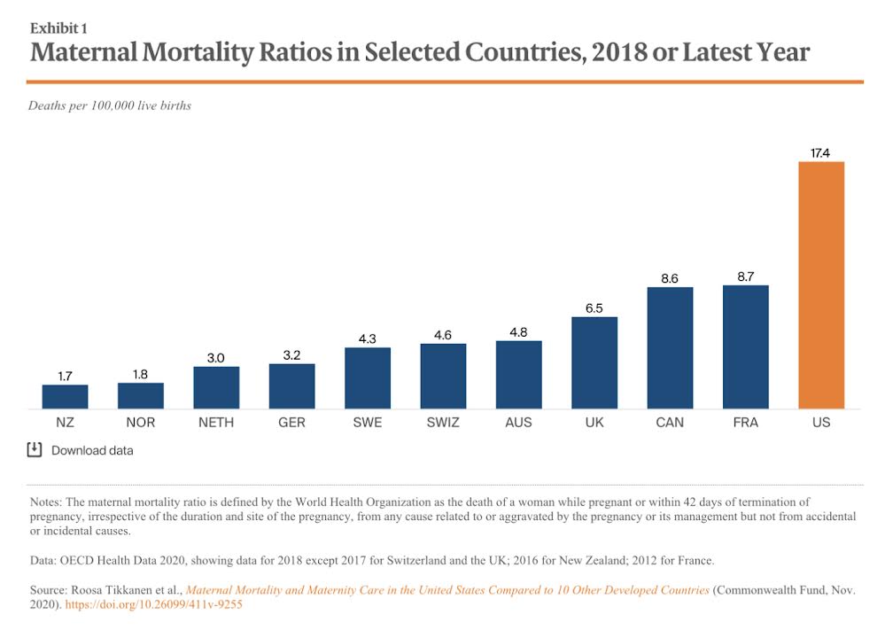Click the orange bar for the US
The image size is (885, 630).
pos(821,284)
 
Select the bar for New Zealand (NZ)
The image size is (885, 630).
pos(65,396)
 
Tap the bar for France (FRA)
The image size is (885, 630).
pos(745,346)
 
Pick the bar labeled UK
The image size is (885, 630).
pos(594,362)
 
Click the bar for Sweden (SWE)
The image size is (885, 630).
pos(367,377)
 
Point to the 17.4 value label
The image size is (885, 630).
pos(821,153)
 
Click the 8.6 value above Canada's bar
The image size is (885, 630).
pos(670,278)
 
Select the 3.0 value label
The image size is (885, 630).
pos(216,358)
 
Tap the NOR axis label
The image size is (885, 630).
pos(141,423)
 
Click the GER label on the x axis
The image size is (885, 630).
pos(291,423)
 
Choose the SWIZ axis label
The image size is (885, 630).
pos(443,423)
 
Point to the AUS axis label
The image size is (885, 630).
pos(518,423)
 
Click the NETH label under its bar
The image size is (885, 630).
pos(216,423)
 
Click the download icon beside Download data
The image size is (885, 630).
pos(35,449)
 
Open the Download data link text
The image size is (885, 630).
pos(92,450)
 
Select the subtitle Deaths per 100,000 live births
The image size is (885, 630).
pos(110,105)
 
